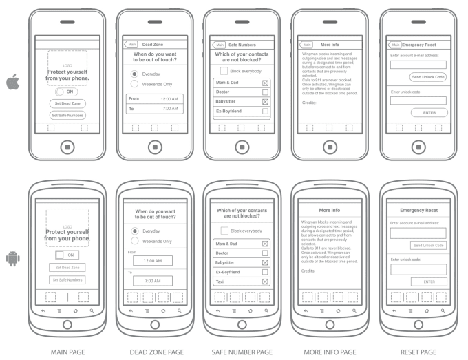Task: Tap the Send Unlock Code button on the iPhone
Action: [x=428, y=77]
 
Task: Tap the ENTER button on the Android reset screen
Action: [x=428, y=282]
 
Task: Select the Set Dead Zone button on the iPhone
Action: [x=67, y=103]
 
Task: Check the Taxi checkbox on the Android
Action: [x=265, y=282]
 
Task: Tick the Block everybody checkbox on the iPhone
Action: [x=224, y=71]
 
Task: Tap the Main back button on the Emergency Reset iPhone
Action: [x=394, y=45]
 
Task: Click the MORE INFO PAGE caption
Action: [x=330, y=352]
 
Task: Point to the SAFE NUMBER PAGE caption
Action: [x=241, y=352]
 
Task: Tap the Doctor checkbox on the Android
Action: [x=265, y=253]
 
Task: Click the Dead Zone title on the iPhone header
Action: [x=153, y=45]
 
